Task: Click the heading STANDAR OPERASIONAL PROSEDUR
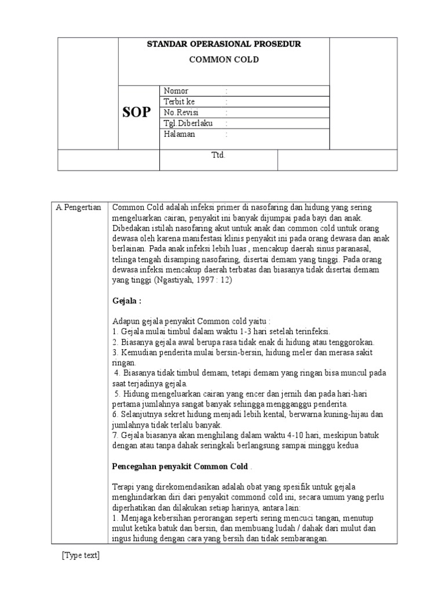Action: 224,45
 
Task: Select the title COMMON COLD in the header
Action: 224,60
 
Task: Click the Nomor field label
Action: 176,91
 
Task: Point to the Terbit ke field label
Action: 180,102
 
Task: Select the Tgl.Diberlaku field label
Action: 186,124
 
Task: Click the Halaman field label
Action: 180,134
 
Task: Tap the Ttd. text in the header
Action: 218,155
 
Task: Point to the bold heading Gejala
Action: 127,302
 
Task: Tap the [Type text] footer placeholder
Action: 81,555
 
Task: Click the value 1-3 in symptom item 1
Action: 245,331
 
